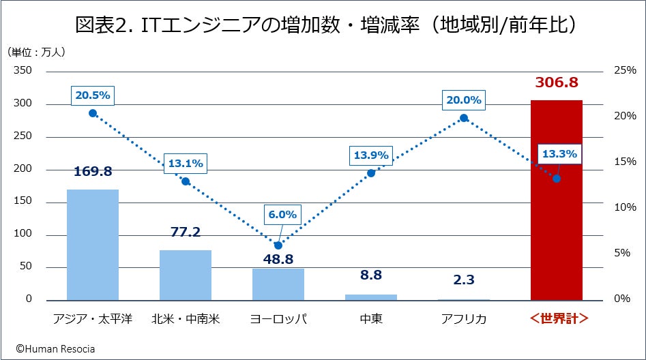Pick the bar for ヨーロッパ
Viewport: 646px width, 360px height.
click(278, 284)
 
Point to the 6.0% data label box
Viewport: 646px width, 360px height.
click(282, 214)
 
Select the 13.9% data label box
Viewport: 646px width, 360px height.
click(370, 155)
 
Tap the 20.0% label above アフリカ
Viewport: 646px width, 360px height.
click(464, 100)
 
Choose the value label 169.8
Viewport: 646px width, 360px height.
click(93, 171)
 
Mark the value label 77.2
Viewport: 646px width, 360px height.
click(186, 232)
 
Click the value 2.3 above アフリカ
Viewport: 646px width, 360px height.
click(464, 280)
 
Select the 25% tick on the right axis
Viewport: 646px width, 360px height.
click(625, 70)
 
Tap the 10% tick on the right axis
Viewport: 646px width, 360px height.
click(625, 207)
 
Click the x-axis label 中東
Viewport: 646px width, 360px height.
click(371, 319)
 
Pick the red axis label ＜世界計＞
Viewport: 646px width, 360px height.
click(557, 319)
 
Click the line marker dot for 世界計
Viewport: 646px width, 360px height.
click(557, 179)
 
